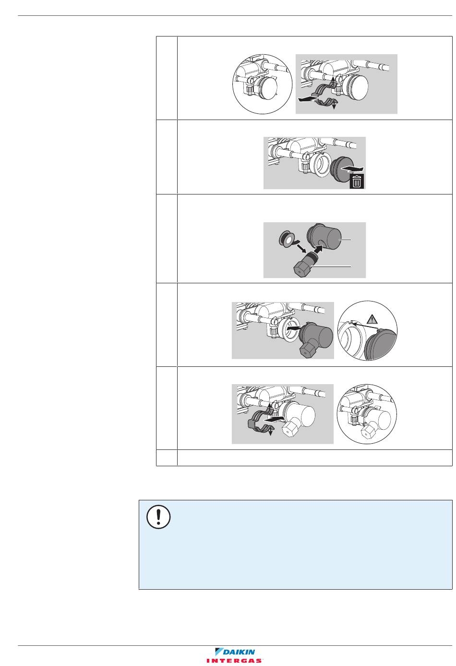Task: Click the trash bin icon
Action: (x=357, y=182)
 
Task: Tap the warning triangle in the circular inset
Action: (x=372, y=320)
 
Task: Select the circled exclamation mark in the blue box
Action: (x=158, y=517)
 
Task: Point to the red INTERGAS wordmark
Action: (x=235, y=661)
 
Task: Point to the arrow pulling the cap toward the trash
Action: (x=352, y=169)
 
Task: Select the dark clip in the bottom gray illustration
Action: (x=260, y=420)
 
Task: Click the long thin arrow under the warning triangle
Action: (x=364, y=325)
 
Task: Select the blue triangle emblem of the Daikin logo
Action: (x=219, y=652)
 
